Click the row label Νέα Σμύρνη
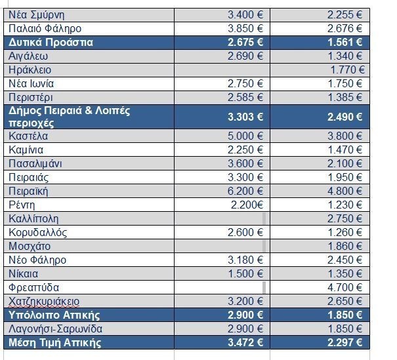point(37,14)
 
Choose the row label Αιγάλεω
point(30,56)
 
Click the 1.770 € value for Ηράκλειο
point(348,70)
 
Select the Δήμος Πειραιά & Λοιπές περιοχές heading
point(69,117)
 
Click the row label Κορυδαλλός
point(38,232)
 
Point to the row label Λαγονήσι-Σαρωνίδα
point(56,329)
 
